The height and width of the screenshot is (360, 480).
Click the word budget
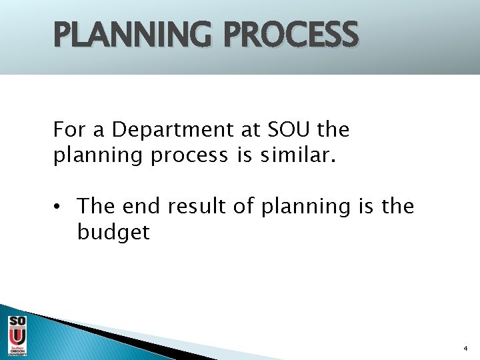[113, 233]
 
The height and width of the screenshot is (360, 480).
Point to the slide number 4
[465, 349]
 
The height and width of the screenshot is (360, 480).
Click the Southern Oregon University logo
[17, 335]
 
